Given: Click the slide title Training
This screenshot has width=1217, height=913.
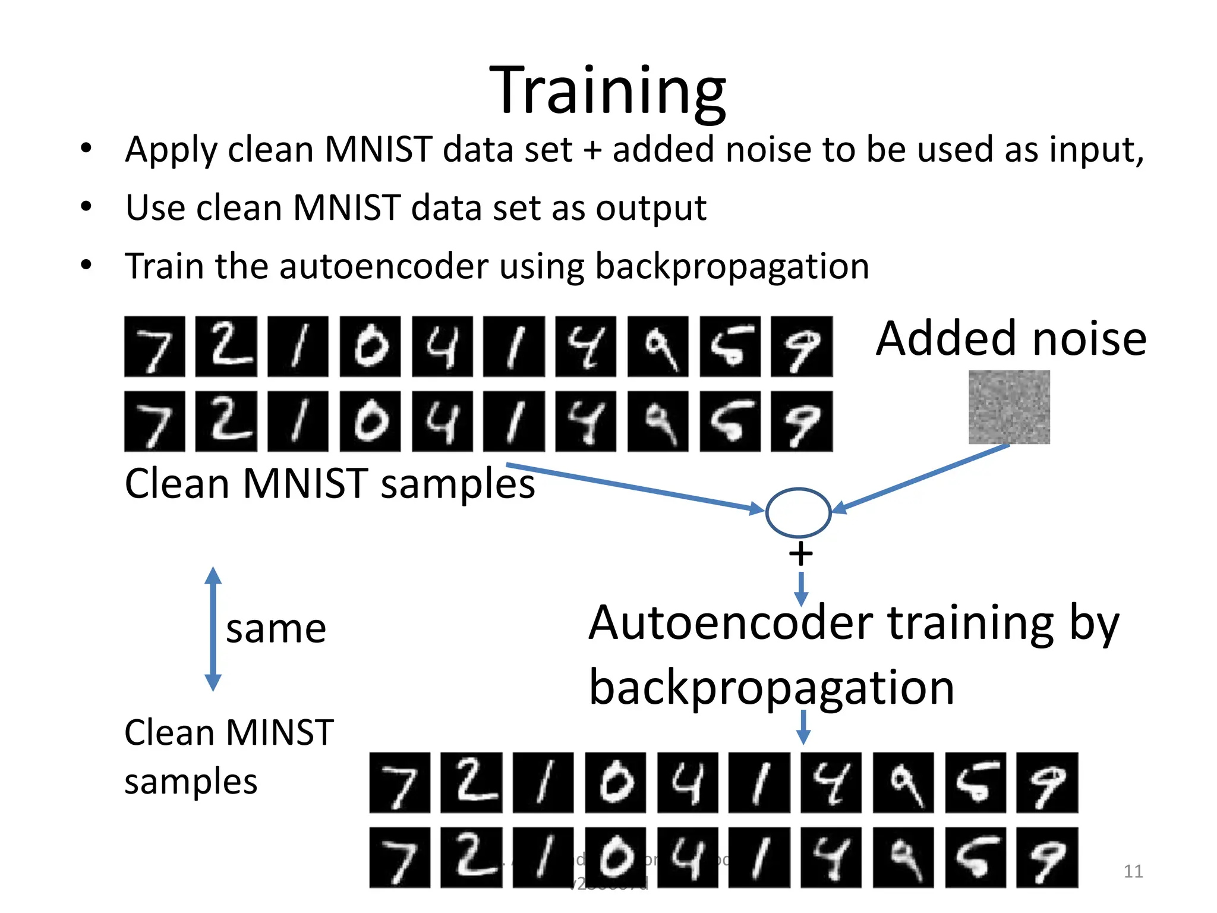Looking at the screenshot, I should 607,90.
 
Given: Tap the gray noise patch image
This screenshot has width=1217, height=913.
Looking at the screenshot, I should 1009,407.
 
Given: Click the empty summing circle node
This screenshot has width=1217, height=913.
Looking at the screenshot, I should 798,512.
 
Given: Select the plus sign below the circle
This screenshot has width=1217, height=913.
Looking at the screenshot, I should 800,554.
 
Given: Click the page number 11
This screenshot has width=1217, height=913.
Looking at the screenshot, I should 1133,871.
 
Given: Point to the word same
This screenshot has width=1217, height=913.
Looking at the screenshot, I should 276,629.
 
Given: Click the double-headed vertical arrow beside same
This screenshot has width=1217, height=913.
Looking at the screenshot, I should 213,629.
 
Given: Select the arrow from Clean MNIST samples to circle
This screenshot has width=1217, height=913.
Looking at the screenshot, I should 636,487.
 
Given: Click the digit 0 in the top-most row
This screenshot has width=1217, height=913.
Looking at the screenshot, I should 370,347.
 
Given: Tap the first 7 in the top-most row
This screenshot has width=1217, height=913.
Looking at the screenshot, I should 155,347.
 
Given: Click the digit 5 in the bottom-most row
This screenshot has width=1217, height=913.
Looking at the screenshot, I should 975,858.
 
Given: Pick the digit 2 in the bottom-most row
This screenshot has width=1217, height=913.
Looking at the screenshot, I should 471,858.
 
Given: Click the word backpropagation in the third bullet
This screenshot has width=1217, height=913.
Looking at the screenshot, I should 732,266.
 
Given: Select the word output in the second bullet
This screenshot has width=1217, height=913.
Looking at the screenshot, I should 651,208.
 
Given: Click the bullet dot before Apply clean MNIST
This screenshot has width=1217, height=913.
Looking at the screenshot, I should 87,149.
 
